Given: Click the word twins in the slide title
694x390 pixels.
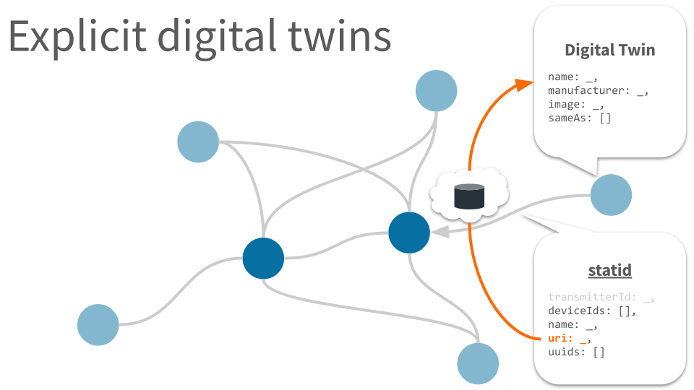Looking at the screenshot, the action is coord(340,35).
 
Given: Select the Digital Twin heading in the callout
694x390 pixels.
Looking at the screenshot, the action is coord(609,51).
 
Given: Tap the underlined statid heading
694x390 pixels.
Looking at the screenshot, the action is coord(609,269).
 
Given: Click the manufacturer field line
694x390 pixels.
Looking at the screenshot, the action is coord(598,91).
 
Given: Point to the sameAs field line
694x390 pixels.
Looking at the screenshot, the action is coord(579,118).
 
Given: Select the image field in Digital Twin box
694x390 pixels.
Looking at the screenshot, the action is coord(576,104).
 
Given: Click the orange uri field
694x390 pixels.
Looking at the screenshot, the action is coord(569,338).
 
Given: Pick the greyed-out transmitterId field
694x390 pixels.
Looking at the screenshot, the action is coord(601,297).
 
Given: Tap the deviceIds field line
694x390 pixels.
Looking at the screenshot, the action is coord(592,311).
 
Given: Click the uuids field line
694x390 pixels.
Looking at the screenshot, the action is coord(576,352).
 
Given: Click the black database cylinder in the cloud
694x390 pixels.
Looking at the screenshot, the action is coord(469,196).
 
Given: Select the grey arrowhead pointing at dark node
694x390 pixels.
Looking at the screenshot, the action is coord(440,232).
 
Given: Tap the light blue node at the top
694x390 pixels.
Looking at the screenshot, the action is coord(436,91).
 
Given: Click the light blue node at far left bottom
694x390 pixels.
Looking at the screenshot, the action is coord(98,324).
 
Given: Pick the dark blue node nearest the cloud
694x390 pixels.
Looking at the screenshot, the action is coord(409,233).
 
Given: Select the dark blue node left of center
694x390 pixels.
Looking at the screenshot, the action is coord(263,259).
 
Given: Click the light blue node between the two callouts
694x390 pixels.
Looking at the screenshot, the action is coord(611,195).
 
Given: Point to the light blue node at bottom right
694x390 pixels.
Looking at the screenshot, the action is coord(478,363).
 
